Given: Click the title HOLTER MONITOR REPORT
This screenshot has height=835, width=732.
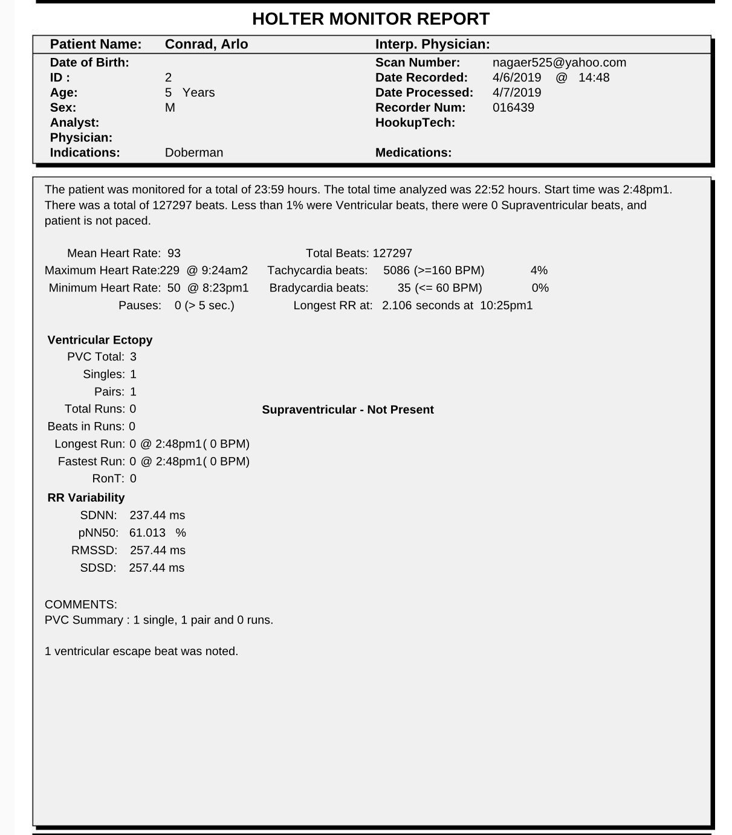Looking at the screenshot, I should click(x=371, y=19).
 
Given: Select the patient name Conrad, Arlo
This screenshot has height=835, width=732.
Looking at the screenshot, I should click(x=206, y=44).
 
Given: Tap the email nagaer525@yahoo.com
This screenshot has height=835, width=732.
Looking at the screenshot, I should click(x=559, y=62).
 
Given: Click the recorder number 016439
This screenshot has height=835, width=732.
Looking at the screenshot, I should click(x=513, y=107).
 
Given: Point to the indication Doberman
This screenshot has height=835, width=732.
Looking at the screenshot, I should click(x=193, y=153).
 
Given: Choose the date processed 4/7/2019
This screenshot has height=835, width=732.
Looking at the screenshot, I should click(x=517, y=92).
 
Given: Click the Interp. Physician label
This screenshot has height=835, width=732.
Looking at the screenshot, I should click(x=432, y=44).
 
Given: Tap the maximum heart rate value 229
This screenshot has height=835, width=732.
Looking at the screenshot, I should click(x=170, y=270).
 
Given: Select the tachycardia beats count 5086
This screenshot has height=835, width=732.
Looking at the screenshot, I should click(x=397, y=270).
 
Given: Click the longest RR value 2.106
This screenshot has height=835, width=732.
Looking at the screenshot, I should click(x=397, y=306).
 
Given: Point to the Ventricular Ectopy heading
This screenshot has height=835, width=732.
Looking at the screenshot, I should click(x=100, y=340).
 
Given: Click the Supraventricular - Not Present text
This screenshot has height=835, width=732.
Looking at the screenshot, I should click(x=348, y=409).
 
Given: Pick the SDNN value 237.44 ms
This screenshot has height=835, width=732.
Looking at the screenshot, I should click(x=157, y=515).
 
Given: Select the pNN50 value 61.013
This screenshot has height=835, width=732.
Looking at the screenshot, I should click(x=147, y=533).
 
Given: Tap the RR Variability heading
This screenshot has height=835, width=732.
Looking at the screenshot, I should click(x=86, y=497).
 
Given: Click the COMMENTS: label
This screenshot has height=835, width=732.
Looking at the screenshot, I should click(x=81, y=604).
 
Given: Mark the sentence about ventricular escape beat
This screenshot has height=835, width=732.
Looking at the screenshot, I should click(x=141, y=651).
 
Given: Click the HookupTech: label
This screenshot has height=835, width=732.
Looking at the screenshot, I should click(x=415, y=123).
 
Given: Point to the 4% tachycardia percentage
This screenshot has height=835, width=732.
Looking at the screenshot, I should click(x=539, y=270).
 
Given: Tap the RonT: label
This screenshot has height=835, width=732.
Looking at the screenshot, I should click(x=108, y=479).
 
